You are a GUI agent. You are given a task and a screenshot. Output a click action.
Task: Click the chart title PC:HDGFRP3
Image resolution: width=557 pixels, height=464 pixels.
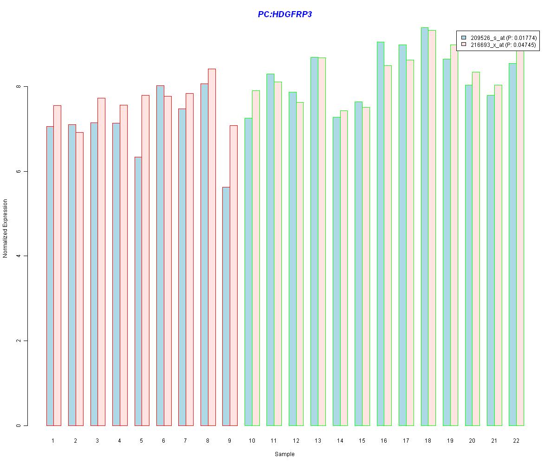(285, 14)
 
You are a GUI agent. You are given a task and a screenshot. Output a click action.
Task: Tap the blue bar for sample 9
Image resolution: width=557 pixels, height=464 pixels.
(226, 306)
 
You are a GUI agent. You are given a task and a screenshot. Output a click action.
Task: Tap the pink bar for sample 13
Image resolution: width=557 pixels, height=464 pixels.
(322, 241)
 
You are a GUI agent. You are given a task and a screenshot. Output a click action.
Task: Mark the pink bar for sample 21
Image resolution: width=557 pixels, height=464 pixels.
(498, 255)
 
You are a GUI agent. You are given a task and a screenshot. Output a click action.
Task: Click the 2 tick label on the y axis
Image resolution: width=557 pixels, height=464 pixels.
(19, 341)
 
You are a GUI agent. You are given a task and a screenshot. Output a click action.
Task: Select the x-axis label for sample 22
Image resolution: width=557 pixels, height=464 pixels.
(516, 440)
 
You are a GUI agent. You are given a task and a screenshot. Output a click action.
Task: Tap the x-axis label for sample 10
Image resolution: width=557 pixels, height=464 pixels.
(252, 440)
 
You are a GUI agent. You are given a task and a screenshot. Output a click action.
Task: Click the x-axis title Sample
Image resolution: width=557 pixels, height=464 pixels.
(284, 454)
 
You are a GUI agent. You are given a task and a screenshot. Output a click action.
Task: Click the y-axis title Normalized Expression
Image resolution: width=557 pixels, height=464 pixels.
(6, 228)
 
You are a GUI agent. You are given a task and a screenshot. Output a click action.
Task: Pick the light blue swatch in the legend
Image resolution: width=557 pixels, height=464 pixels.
(463, 38)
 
